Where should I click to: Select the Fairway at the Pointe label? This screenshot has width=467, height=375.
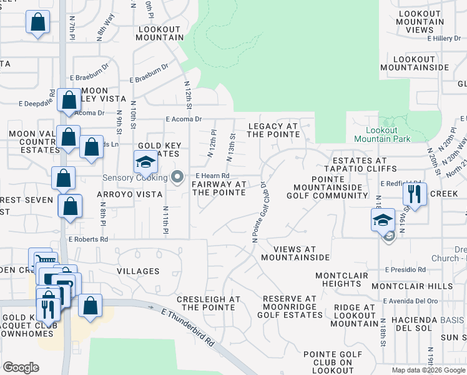[x=219, y=188]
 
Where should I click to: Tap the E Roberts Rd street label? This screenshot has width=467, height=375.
[x=88, y=239]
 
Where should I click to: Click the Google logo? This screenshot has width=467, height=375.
[x=21, y=367]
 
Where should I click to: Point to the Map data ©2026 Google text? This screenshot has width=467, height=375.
[x=428, y=370]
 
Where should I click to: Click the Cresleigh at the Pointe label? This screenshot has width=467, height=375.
[x=209, y=303]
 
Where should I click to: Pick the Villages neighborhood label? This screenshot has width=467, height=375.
[x=138, y=271]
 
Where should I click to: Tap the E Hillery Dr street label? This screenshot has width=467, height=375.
[x=444, y=39]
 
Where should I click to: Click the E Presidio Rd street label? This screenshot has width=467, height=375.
[x=405, y=270]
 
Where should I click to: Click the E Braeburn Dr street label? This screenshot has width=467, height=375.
[x=149, y=79]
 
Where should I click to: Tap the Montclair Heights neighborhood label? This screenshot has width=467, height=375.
[x=338, y=279]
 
